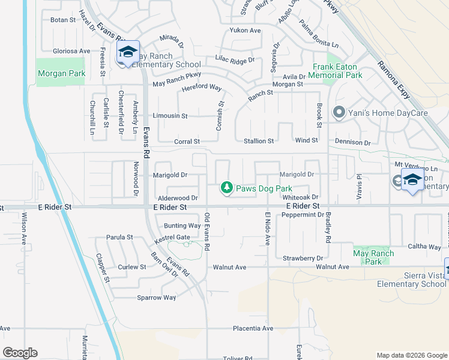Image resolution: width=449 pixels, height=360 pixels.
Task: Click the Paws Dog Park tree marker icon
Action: point(227,188)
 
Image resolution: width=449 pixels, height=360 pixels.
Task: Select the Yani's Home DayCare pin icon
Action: point(339,112)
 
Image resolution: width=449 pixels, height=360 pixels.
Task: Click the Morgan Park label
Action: point(61,74)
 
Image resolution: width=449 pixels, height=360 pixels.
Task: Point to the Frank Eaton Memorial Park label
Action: point(337,71)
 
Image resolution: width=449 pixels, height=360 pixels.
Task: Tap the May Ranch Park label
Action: point(373,257)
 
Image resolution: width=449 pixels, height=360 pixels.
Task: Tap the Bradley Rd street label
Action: point(328,227)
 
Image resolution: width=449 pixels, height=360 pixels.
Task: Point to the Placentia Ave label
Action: point(253,329)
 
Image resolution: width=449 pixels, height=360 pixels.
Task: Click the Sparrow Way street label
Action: point(157,298)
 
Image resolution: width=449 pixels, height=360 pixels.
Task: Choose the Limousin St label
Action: point(170,116)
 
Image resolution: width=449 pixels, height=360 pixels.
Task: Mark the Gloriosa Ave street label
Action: point(71,52)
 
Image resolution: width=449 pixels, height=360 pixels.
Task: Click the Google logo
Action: point(20,353)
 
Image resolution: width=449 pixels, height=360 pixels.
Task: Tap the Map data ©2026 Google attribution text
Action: point(412,355)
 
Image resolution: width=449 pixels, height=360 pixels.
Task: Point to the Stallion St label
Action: point(259,142)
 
